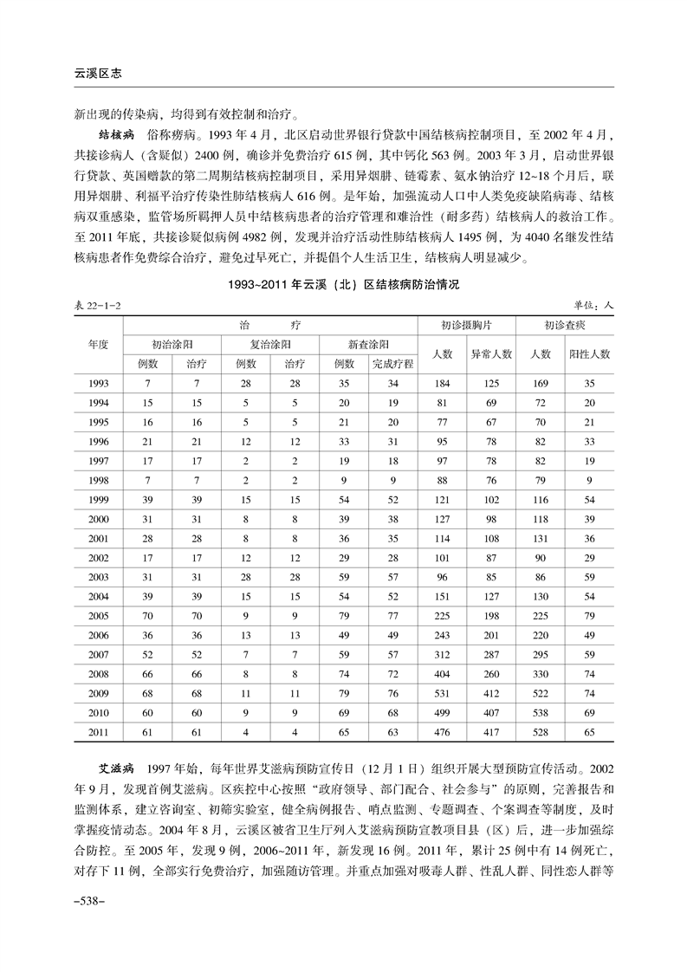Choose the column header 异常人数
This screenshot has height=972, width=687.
(x=491, y=354)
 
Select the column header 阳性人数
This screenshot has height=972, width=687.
(x=589, y=354)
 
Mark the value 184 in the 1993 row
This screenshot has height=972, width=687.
(x=443, y=383)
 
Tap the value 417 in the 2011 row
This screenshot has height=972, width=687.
(x=491, y=732)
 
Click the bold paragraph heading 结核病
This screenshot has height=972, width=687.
(x=114, y=137)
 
